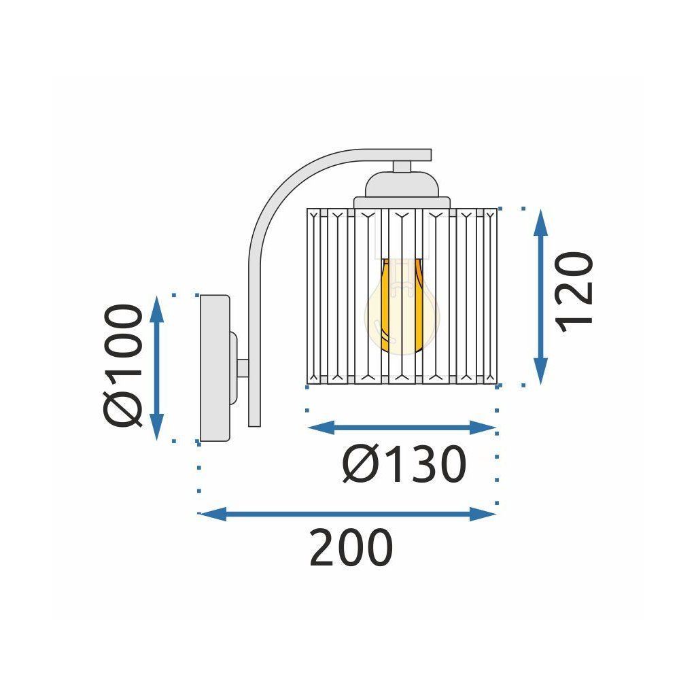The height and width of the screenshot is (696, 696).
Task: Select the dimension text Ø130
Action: [x=404, y=465]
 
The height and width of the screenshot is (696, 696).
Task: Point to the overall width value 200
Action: [x=351, y=548]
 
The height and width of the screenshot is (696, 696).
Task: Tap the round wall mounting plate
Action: [x=213, y=368]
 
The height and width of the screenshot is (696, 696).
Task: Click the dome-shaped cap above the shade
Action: [x=401, y=185]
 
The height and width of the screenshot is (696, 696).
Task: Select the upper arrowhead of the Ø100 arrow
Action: [x=157, y=308]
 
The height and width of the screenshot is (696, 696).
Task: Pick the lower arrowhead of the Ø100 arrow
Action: [x=157, y=428]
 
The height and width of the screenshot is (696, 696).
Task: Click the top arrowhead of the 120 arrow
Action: [x=541, y=221]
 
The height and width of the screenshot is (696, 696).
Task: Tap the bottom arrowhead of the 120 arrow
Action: [x=541, y=373]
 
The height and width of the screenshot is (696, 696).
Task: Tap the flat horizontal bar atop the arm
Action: [x=401, y=155]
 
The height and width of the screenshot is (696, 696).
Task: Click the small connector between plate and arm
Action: [x=241, y=368]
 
